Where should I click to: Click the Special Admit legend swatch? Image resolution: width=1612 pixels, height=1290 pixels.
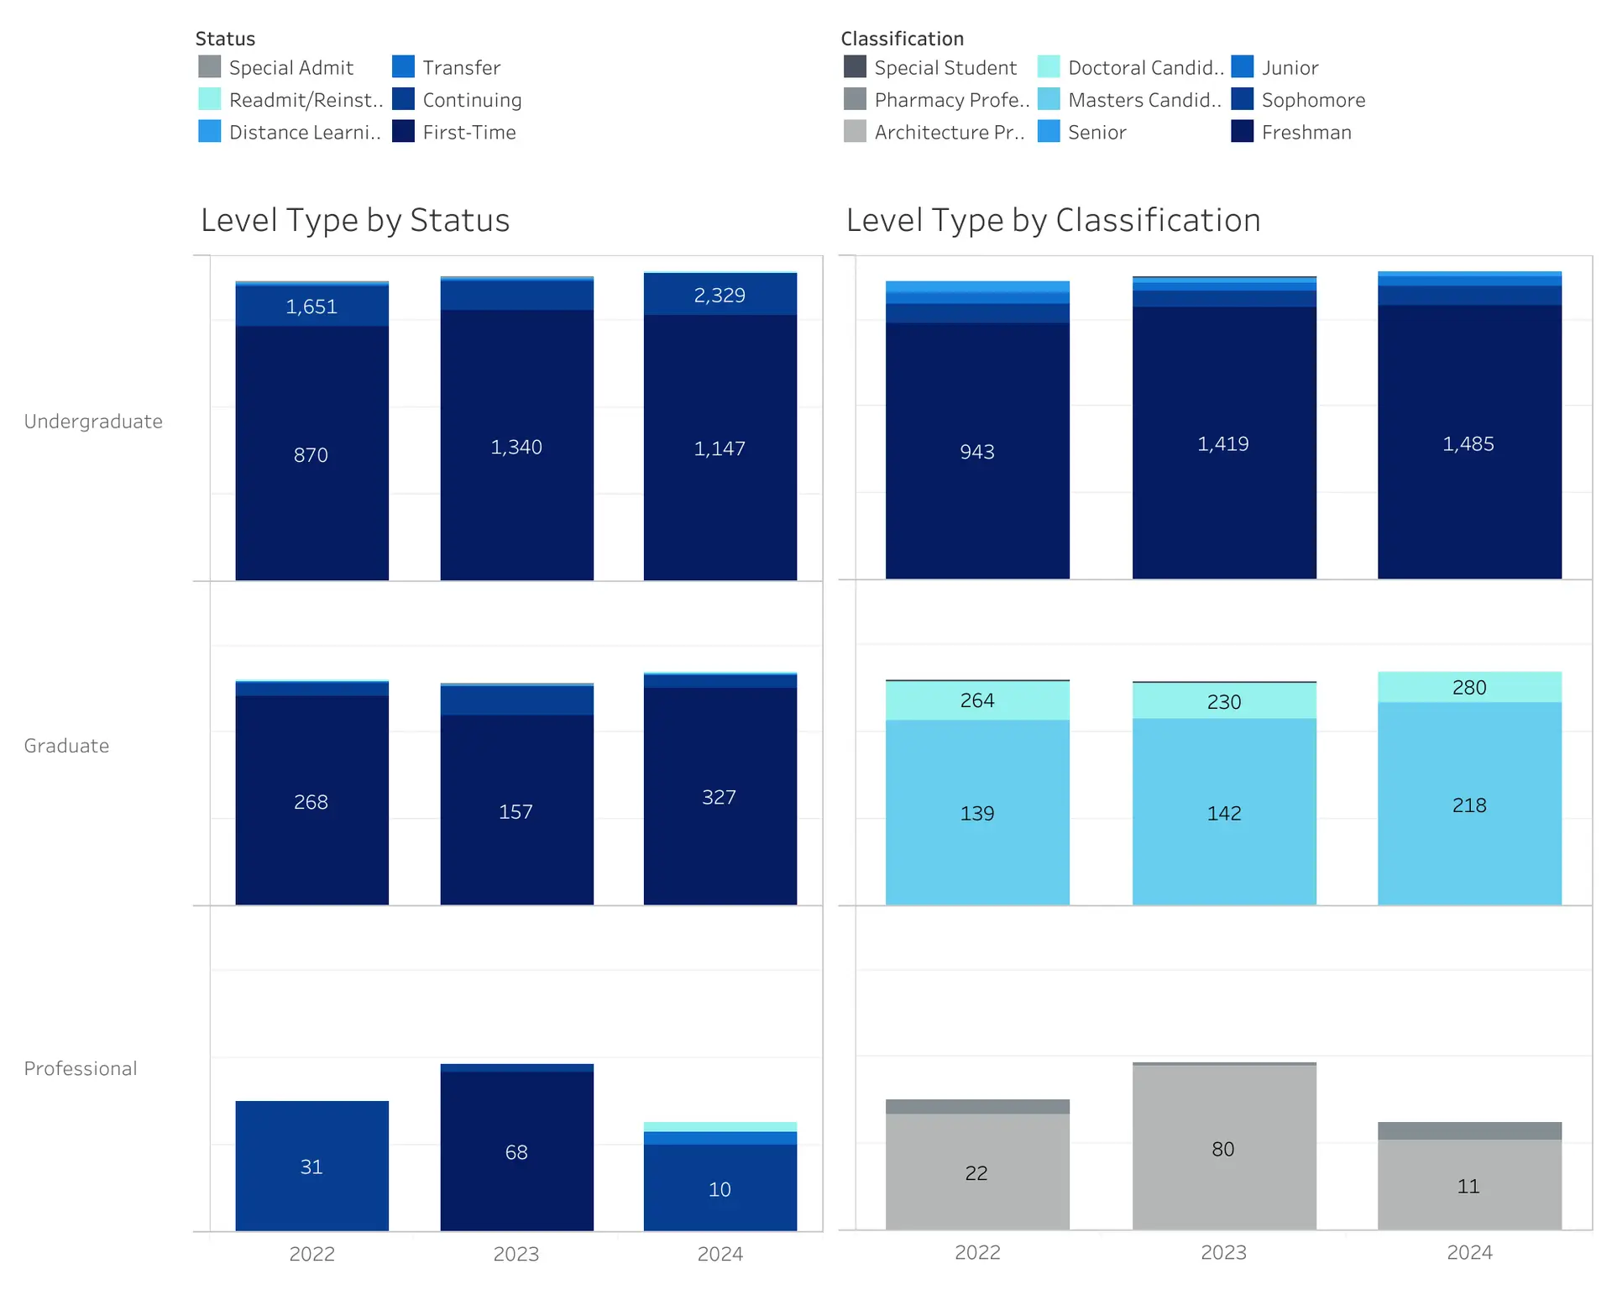point(209,67)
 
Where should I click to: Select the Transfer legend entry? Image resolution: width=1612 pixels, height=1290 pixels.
point(461,67)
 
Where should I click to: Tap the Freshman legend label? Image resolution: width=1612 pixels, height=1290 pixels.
point(1306,133)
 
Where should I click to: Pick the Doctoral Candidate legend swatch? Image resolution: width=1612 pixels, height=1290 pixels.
point(1049,67)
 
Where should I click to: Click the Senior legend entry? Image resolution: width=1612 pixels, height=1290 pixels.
point(1096,133)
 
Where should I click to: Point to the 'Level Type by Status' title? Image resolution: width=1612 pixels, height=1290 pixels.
point(355,220)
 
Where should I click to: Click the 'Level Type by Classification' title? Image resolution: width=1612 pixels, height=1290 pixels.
point(1053,220)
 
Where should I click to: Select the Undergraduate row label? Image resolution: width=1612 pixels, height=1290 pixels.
point(93,422)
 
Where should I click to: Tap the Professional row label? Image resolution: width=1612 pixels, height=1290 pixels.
point(81,1068)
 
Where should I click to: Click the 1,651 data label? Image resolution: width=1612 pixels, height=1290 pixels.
point(311,307)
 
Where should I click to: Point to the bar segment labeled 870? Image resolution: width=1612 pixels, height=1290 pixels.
point(311,454)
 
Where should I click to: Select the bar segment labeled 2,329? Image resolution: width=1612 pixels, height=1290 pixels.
point(720,295)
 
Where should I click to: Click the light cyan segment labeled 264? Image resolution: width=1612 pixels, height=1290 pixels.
point(977,700)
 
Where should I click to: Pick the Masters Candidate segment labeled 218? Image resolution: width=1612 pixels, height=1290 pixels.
point(1469,805)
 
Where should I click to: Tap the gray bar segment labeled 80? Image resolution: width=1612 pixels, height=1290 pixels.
point(1223,1149)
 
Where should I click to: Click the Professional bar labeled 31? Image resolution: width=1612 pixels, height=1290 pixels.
point(311,1167)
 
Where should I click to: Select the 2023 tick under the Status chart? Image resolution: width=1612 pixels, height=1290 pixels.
point(516,1254)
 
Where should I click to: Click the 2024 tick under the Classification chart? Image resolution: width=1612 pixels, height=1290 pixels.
point(1469,1252)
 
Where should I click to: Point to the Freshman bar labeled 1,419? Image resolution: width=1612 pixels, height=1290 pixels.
point(1223,443)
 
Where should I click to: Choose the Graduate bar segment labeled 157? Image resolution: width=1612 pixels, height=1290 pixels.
point(516,811)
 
